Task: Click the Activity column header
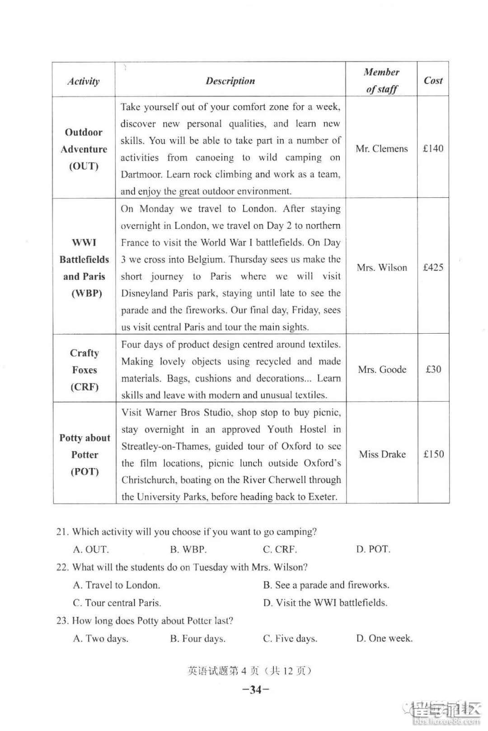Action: tap(83, 81)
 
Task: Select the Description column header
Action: tap(230, 81)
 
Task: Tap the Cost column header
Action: tap(433, 81)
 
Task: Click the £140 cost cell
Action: tap(433, 149)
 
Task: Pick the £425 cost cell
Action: tap(433, 267)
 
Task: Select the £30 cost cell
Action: tap(433, 369)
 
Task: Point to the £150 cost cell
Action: tap(433, 454)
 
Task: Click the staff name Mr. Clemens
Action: tap(381, 149)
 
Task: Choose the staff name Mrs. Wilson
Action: tap(382, 267)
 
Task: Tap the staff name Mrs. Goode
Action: tap(382, 369)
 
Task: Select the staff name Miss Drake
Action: tap(382, 454)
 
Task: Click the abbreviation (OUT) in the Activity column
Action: tap(84, 166)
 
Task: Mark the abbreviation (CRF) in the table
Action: tap(84, 387)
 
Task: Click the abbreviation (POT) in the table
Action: tap(84, 472)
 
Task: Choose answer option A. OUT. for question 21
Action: tap(91, 549)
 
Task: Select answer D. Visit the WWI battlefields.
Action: tap(325, 603)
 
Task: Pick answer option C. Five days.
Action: tap(290, 638)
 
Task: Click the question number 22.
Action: tap(62, 568)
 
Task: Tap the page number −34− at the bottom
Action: tap(256, 689)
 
